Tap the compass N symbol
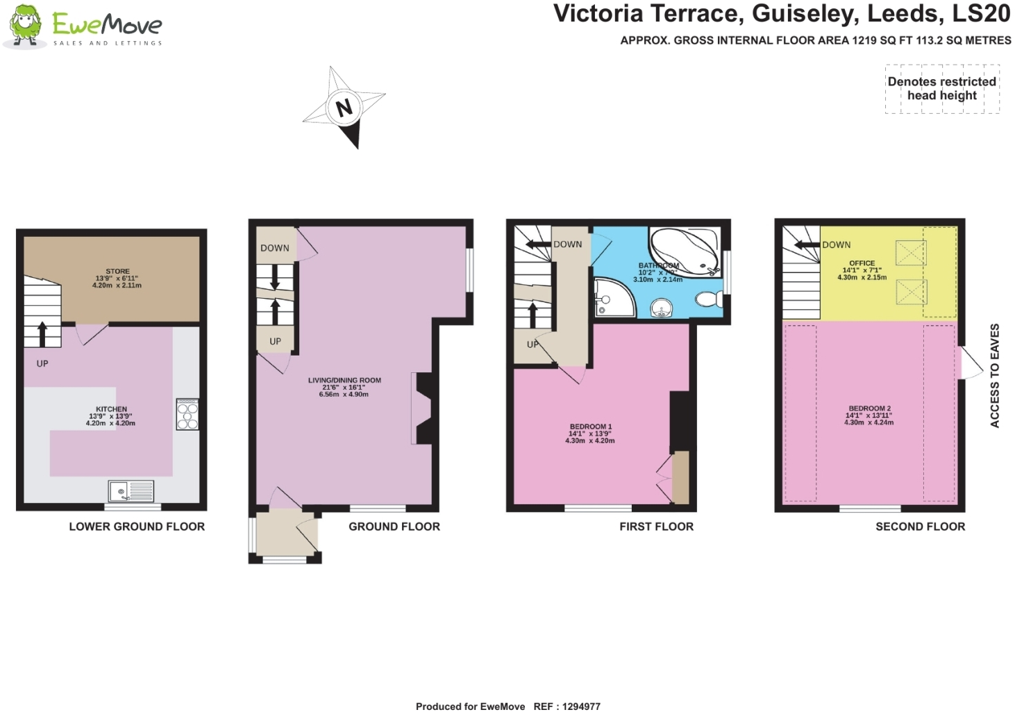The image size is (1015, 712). point(344,108)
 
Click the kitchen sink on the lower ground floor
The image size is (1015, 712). point(131,491)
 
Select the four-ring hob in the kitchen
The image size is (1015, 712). point(187,415)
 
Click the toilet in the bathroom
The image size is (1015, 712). point(708,299)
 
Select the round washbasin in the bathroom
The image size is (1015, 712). point(662,308)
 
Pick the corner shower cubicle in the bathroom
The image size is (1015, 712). point(612,297)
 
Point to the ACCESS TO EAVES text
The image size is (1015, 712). point(994,375)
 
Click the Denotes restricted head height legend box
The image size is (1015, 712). point(942,89)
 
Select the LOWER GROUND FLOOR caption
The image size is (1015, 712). point(137,527)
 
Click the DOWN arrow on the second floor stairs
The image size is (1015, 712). point(807,245)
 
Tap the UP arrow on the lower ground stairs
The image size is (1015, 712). point(42,334)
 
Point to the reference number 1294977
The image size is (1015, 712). point(581,706)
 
